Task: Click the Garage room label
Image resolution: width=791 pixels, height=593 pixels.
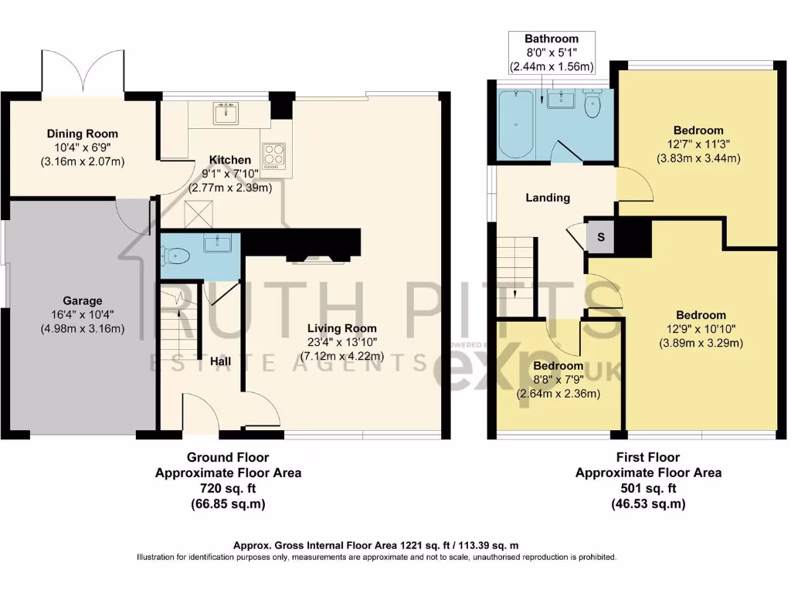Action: tap(82, 300)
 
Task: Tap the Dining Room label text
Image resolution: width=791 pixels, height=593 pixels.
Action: tap(82, 134)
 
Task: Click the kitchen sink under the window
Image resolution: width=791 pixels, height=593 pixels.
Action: tap(226, 114)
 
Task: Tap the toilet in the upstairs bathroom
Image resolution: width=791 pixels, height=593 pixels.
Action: tap(593, 107)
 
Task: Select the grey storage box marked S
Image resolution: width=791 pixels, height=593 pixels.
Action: tap(600, 236)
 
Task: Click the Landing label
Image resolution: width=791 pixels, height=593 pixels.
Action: tap(548, 198)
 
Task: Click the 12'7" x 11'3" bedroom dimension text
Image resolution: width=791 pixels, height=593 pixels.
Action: tap(698, 144)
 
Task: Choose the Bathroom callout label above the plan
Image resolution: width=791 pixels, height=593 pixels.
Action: tap(552, 39)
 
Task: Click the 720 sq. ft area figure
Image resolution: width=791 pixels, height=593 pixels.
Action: tap(228, 488)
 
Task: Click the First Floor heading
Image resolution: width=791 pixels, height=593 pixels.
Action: tap(648, 457)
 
